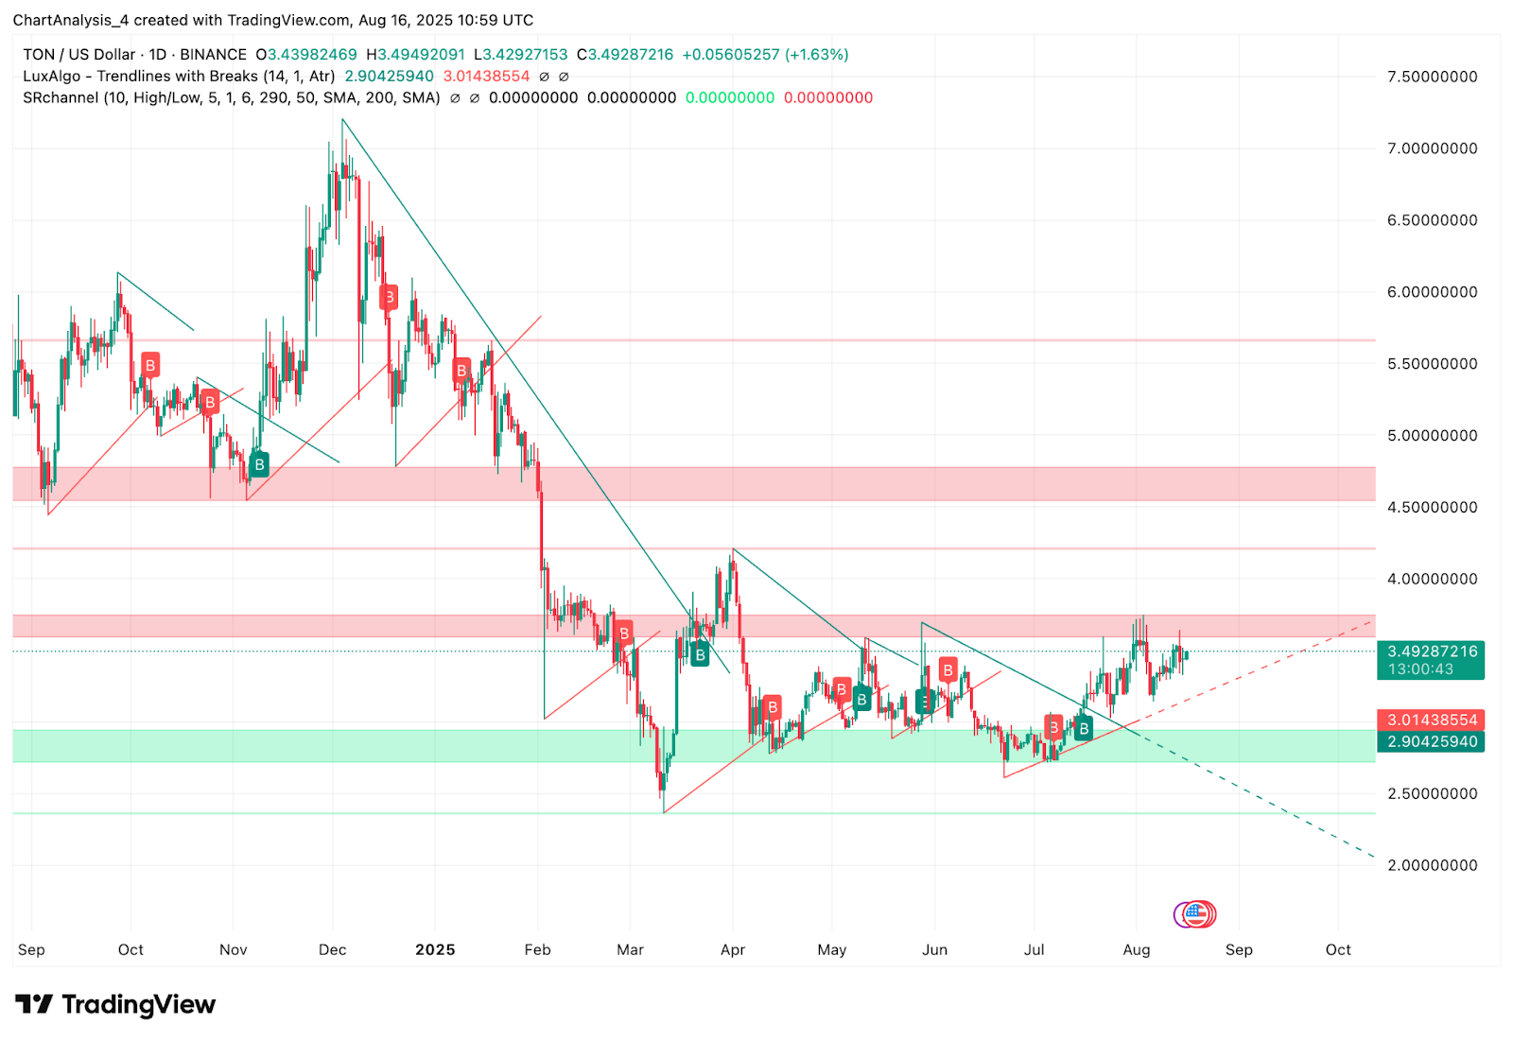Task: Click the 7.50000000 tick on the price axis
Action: pyautogui.click(x=1432, y=77)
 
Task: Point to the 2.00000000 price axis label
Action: pyautogui.click(x=1432, y=865)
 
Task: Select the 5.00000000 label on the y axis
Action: pyautogui.click(x=1432, y=436)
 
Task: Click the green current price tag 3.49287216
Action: pyautogui.click(x=1432, y=651)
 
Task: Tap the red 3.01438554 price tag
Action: pyautogui.click(x=1432, y=721)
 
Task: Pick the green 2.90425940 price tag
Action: pyautogui.click(x=1432, y=742)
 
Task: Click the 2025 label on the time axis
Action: pyautogui.click(x=435, y=949)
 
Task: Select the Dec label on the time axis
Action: pyautogui.click(x=333, y=949)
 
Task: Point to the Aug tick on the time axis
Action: pyautogui.click(x=1137, y=949)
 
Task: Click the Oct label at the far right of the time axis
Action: pyautogui.click(x=1338, y=949)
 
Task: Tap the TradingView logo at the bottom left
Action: pyautogui.click(x=115, y=1004)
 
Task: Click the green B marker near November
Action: pyautogui.click(x=259, y=464)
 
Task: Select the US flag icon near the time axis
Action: pyautogui.click(x=1196, y=913)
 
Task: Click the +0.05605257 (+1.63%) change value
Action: pyautogui.click(x=765, y=55)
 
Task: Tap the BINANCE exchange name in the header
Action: pyautogui.click(x=213, y=55)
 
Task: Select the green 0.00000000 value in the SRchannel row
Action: pyautogui.click(x=730, y=97)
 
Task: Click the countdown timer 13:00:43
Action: pyautogui.click(x=1420, y=669)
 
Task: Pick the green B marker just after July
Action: pyautogui.click(x=1084, y=729)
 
